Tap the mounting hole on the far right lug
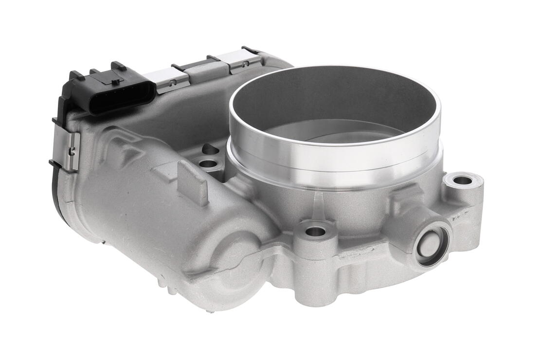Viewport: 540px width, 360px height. (x=462, y=180)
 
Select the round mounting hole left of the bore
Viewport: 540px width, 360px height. (x=208, y=163)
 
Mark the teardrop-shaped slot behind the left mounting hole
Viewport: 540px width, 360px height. (x=210, y=149)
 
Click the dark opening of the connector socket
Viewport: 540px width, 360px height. (x=122, y=97)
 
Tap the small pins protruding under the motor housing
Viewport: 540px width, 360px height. (x=165, y=287)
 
